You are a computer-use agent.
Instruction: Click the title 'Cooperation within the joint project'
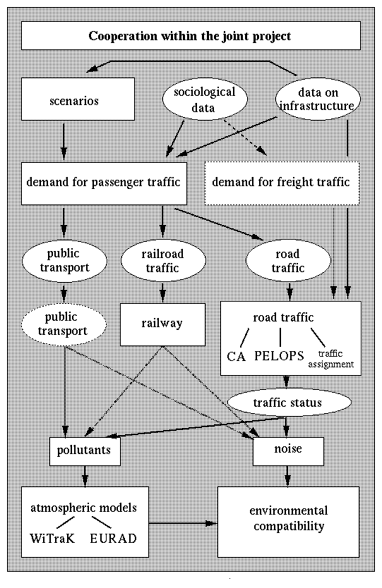190,36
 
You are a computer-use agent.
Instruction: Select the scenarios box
78,99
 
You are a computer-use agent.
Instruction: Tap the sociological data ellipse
205,99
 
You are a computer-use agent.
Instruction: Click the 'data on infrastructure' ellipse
318,99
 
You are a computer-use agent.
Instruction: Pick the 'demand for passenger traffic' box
104,183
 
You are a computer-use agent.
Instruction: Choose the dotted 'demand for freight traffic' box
282,183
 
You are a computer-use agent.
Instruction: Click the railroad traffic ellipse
163,261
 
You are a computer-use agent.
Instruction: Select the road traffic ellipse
288,261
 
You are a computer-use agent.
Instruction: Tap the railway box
162,324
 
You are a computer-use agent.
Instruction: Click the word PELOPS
279,355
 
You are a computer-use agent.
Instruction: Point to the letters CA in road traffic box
237,356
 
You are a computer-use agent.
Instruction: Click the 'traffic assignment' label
331,359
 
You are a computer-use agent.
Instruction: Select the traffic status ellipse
290,403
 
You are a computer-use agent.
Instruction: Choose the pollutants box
85,451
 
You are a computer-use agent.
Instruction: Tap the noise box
289,451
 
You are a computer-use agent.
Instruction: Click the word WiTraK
52,539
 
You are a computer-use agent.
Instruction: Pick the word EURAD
114,539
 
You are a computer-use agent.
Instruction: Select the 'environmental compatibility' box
289,522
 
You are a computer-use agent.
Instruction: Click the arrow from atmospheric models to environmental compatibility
184,522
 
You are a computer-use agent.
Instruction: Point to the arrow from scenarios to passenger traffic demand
64,141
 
